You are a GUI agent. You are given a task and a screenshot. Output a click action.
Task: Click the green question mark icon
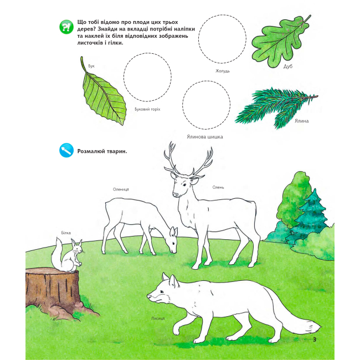point(66,27)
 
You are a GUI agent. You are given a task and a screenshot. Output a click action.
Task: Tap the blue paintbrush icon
point(66,151)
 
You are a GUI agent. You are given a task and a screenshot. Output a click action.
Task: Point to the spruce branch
point(275,107)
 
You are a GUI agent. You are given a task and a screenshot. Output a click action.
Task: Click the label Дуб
point(287,66)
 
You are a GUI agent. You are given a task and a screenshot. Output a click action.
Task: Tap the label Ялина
point(301,121)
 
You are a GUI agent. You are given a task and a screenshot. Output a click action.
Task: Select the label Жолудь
point(223,71)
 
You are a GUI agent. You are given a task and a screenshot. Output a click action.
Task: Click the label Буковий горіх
point(147,109)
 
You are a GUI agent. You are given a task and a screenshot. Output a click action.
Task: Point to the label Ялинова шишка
point(205,137)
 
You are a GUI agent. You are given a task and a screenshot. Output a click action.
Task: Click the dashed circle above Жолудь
point(222,15)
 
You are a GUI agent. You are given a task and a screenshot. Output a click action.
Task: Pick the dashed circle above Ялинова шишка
point(207,81)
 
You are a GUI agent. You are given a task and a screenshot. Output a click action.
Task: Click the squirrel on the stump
point(67,255)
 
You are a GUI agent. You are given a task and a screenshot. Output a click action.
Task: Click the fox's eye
point(162,291)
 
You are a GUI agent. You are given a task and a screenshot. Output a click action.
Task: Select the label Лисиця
point(158,318)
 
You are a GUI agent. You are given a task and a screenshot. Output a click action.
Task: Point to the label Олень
point(218,187)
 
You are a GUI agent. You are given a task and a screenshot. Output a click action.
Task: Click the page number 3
point(315,340)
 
